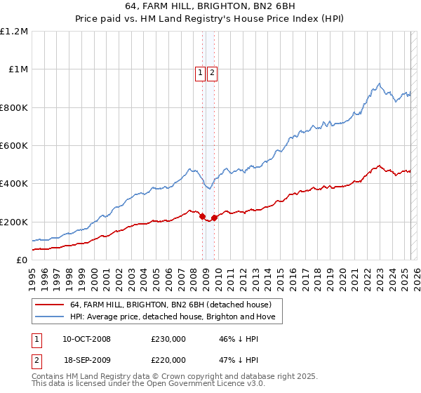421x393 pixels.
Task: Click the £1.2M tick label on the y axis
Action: coord(13,32)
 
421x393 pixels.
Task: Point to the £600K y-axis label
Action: coord(13,146)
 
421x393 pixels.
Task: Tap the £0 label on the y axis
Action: coord(22,260)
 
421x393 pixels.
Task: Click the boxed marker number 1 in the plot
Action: coord(200,71)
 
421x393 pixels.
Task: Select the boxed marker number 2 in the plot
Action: coord(212,71)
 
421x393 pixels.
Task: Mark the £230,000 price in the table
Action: coord(168,339)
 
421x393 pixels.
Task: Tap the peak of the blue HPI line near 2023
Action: coord(379,84)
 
